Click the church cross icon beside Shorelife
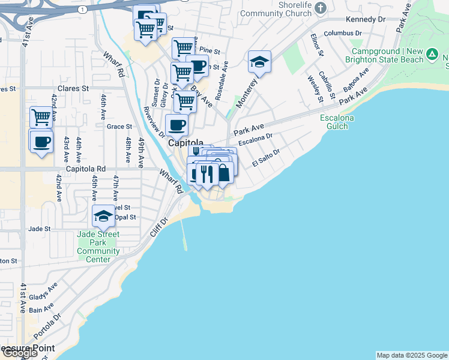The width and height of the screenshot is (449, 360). pos(321,7)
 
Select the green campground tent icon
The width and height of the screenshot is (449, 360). pos(431,55)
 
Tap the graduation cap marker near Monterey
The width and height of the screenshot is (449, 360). pos(259,62)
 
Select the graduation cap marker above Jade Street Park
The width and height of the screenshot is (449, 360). pos(103,216)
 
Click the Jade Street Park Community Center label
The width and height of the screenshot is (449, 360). pos(98,247)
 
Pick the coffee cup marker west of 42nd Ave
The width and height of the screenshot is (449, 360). pos(41,142)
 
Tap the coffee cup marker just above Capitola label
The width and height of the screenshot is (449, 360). pos(176,125)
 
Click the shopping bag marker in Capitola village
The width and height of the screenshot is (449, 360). pos(223,173)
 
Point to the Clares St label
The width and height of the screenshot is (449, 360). pos(73,88)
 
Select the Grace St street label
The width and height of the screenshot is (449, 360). pos(119,127)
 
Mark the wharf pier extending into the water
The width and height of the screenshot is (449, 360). pos(184,235)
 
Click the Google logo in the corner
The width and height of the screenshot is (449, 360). pos(19,353)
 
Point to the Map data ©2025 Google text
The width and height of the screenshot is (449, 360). pos(412,355)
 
